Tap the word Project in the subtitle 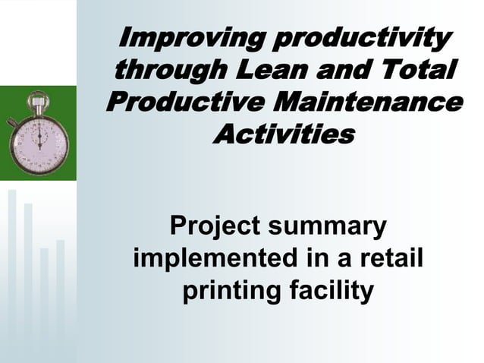click(209, 226)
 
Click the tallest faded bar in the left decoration click(12, 266)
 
